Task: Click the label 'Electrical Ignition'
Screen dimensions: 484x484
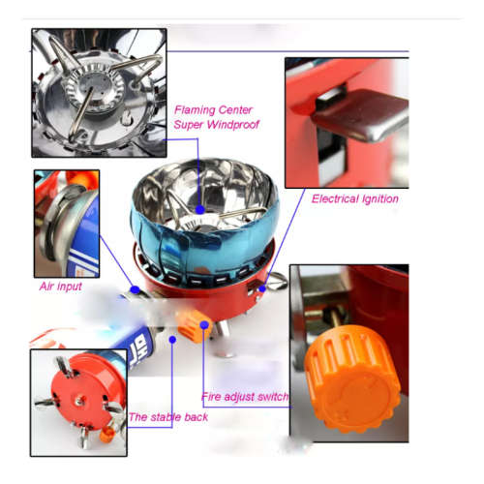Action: point(355,198)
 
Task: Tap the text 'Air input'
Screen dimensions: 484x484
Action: point(61,287)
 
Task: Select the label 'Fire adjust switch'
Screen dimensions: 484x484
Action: point(244,396)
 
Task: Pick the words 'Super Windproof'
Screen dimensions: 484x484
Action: point(218,125)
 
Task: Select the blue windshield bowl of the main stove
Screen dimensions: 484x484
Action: point(160,218)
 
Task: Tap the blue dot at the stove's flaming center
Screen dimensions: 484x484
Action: point(199,208)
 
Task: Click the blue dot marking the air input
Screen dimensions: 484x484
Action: point(136,289)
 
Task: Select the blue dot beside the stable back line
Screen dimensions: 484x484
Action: point(172,339)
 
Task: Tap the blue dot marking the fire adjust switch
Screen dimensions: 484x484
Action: point(203,334)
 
